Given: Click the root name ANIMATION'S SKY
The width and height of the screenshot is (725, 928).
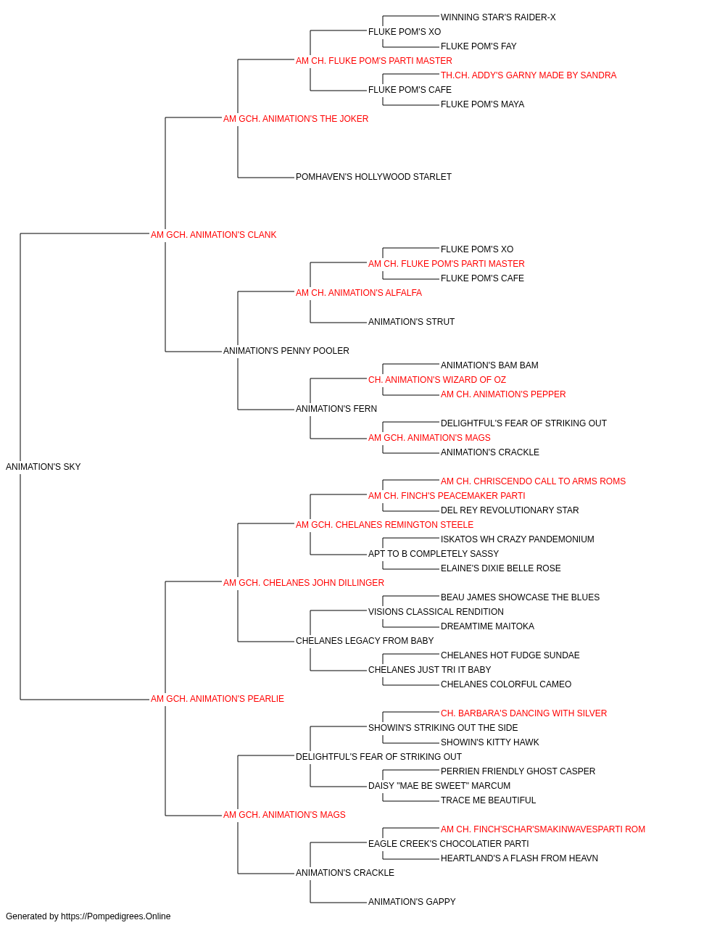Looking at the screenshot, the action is point(43,467).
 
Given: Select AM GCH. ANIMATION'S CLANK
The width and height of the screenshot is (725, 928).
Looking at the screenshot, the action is point(213,235).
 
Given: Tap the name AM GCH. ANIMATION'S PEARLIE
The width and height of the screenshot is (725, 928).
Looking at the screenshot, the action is point(217,699).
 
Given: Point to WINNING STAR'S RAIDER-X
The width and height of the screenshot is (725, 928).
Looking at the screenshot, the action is point(498,17).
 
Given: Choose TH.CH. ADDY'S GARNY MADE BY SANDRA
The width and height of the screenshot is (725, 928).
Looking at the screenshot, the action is point(529,75).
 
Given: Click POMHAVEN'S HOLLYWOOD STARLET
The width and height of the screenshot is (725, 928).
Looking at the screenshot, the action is point(373,177).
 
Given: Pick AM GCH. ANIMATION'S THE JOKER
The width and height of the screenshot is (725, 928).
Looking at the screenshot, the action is point(296,119).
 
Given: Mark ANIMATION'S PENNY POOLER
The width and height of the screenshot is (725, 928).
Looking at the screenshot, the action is point(286,351).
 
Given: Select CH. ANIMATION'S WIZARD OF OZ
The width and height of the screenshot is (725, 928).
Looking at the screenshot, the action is point(437,380).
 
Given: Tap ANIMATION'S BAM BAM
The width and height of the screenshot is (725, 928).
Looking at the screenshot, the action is point(490,365).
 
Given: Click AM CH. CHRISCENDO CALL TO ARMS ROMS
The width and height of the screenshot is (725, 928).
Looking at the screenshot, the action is point(534,481).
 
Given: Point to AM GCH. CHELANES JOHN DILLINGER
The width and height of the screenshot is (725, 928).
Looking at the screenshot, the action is point(304,583).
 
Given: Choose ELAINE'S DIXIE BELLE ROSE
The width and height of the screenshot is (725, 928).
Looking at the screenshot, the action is point(501,568).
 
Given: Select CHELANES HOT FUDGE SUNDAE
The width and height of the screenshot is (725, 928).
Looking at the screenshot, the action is point(510,655).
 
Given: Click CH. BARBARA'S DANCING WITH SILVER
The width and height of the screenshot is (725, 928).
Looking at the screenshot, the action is point(524,713).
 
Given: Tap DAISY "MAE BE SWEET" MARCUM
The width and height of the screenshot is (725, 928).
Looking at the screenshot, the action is point(439,786).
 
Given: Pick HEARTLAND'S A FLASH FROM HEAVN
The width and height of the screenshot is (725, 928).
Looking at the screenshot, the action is point(519,858).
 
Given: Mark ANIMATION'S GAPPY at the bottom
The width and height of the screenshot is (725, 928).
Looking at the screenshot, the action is point(412,902).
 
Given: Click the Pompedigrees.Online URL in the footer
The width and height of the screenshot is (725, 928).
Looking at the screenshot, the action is point(116,916).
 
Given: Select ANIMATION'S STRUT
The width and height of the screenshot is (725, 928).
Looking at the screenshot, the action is point(412,322).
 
